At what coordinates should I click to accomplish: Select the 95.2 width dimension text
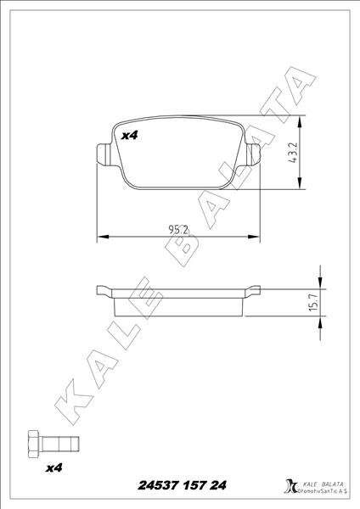(x=178, y=229)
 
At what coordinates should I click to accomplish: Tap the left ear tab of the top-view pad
(x=104, y=153)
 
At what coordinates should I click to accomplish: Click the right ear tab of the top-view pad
(x=252, y=153)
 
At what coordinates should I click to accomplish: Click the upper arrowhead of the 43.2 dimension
(x=303, y=118)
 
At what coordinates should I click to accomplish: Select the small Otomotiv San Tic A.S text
(x=319, y=491)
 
